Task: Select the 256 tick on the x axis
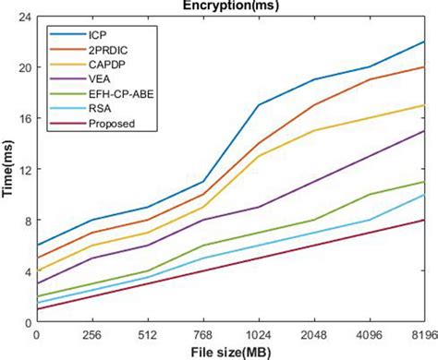click(x=91, y=334)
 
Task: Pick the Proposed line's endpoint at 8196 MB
click(x=424, y=220)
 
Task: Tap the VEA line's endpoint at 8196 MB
click(x=424, y=131)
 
